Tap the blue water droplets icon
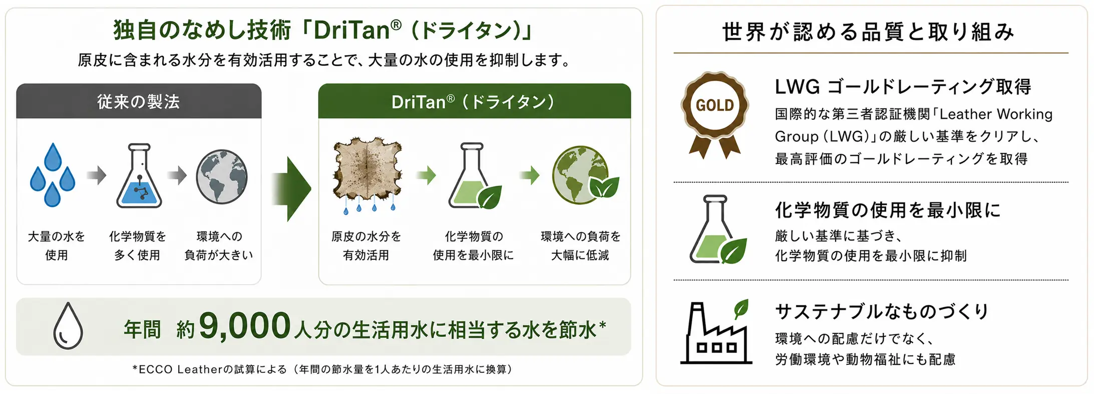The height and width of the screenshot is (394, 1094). pyautogui.click(x=53, y=175)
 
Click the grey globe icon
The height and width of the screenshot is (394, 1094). pyautogui.click(x=222, y=176)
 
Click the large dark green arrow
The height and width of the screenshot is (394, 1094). pyautogui.click(x=291, y=188)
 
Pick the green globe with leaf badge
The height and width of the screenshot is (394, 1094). pyautogui.click(x=585, y=175)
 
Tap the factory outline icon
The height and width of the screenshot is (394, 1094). pyautogui.click(x=716, y=332)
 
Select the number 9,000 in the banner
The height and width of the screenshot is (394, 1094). pyautogui.click(x=245, y=326)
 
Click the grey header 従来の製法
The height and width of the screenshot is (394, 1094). pyautogui.click(x=139, y=101)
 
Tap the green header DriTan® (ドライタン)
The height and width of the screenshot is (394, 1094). pyautogui.click(x=474, y=101)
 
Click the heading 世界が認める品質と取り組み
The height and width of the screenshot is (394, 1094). pyautogui.click(x=869, y=31)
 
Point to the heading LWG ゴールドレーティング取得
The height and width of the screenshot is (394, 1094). pyautogui.click(x=903, y=87)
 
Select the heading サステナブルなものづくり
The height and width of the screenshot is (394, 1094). pyautogui.click(x=882, y=311)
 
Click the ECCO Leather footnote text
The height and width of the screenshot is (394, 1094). pyautogui.click(x=322, y=369)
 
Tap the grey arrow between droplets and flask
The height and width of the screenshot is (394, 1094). pyautogui.click(x=97, y=175)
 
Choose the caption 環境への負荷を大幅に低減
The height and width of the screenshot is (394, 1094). pyautogui.click(x=580, y=246)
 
